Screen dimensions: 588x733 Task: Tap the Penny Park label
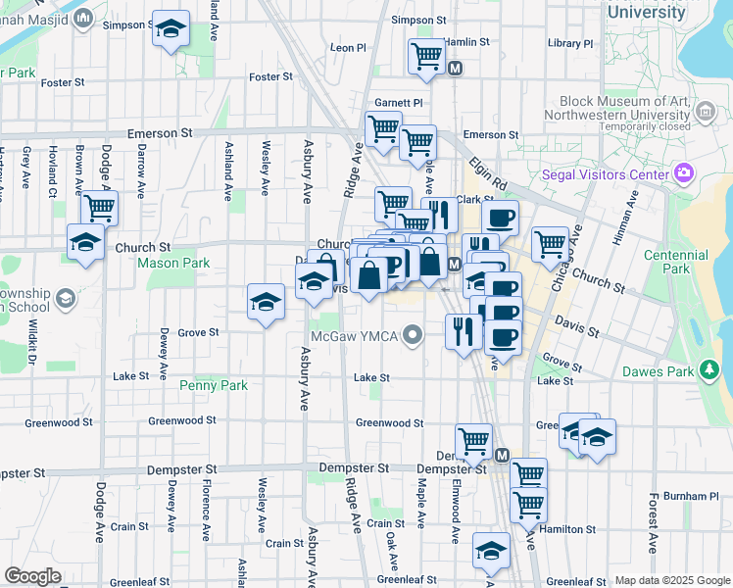coord(214,385)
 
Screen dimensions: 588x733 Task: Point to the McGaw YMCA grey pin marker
coord(414,336)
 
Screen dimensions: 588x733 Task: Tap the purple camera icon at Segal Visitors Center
coord(684,174)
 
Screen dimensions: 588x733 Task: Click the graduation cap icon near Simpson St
coord(171,30)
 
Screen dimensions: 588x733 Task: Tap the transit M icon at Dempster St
coord(502,456)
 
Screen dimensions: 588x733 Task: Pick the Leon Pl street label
coord(348,47)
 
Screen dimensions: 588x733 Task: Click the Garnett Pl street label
coord(398,102)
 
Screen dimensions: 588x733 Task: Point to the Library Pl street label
coord(570,43)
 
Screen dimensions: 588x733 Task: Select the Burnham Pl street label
coord(698,496)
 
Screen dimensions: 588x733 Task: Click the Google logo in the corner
coord(33,576)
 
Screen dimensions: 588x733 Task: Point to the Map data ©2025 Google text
coord(671,580)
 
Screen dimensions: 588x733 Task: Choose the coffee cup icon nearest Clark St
coord(501,218)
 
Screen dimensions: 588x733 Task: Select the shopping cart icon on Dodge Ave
coord(99,208)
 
